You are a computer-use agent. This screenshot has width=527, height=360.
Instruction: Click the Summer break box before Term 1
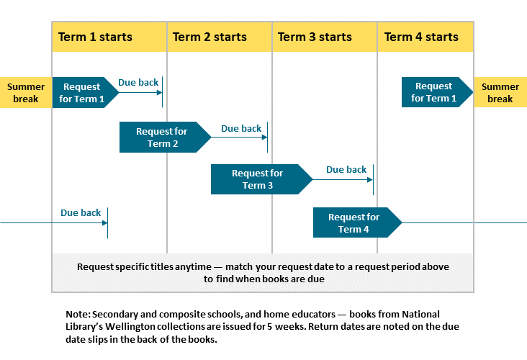[x=26, y=92]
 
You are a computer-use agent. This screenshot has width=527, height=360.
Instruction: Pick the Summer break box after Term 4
[x=500, y=92]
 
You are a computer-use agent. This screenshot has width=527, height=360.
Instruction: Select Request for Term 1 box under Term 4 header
[x=434, y=92]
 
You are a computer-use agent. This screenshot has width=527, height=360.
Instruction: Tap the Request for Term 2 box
[x=162, y=138]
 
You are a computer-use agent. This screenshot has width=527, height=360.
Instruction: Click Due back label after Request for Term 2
[x=241, y=129]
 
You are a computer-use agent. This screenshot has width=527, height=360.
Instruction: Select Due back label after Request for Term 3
[x=346, y=170]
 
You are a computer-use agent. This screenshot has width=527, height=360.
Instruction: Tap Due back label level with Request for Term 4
[x=81, y=213]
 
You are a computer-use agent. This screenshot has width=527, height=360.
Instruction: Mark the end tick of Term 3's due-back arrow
[x=374, y=180]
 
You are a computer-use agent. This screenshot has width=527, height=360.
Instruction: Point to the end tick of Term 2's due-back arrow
[x=268, y=138]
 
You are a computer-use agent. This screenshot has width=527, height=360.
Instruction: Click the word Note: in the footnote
[x=78, y=315]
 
